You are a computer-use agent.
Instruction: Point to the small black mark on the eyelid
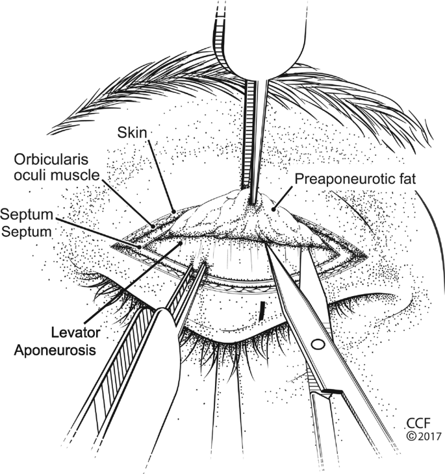click(261, 310)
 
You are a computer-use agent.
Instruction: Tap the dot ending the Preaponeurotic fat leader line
click(274, 208)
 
